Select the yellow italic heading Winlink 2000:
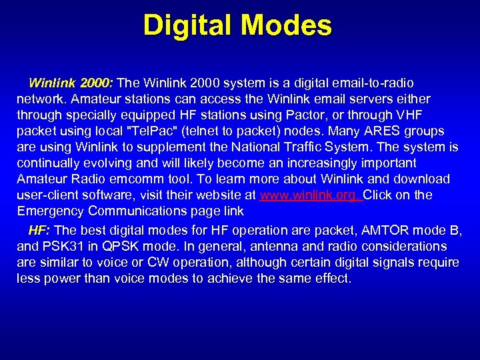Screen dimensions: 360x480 point(71,83)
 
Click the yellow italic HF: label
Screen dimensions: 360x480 point(39,231)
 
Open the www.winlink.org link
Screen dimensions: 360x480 point(310,195)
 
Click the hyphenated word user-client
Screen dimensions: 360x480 point(47,195)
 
